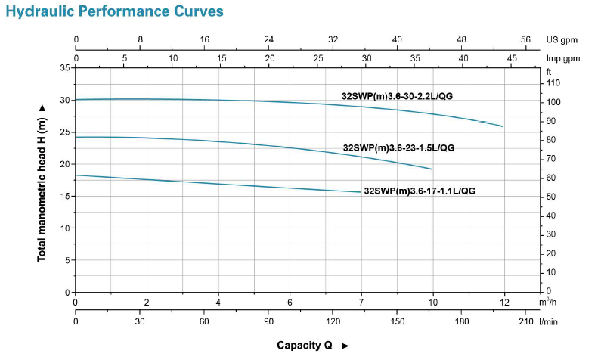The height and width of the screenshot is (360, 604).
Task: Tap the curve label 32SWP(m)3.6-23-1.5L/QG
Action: click(x=398, y=148)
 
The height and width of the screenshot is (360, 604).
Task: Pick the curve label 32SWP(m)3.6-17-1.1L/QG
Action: click(x=420, y=191)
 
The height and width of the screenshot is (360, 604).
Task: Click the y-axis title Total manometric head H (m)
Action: click(x=42, y=183)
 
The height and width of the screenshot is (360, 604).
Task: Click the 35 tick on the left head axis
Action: click(x=65, y=68)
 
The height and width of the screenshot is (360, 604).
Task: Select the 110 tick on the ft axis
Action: click(x=553, y=82)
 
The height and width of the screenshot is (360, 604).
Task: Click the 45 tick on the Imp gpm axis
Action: click(x=512, y=58)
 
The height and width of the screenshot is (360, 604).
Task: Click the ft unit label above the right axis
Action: click(x=549, y=71)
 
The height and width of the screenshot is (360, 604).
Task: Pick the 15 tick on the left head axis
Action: click(x=65, y=196)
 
